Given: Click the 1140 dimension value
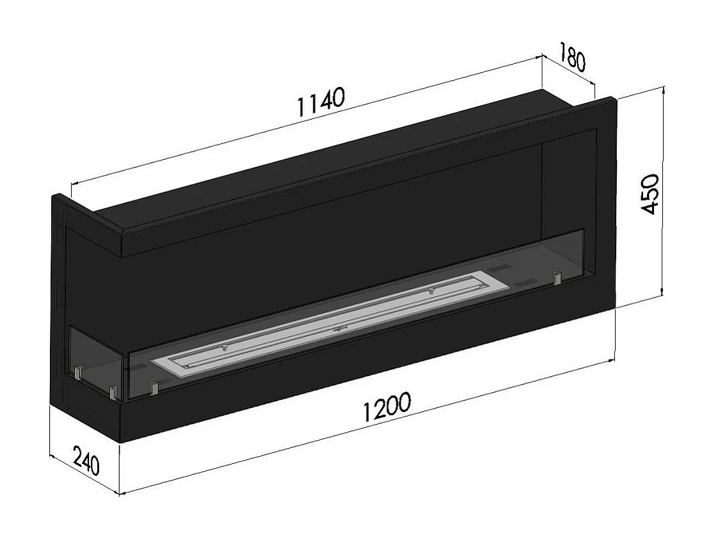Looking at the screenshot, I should (321, 102).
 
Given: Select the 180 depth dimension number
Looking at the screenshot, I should (571, 57).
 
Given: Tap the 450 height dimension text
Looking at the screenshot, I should (650, 194).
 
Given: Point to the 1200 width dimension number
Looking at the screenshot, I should (386, 409).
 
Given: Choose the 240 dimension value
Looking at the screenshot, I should (86, 461).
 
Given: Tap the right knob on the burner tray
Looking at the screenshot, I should (431, 292).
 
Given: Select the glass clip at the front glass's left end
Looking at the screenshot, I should (154, 388).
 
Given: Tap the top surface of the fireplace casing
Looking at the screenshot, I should (333, 160).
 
